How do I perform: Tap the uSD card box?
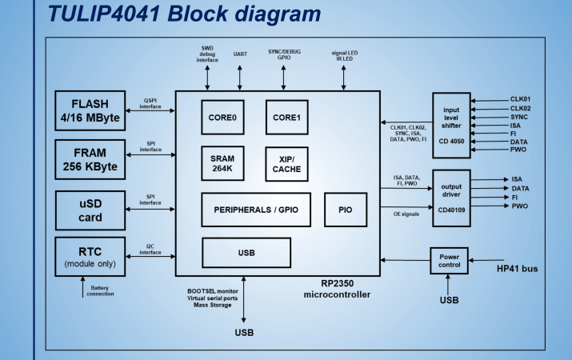92,208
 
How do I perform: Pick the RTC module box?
92,256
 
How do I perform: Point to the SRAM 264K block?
223,164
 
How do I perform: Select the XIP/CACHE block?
287,164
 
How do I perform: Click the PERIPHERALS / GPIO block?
257,210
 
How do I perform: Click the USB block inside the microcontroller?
246,253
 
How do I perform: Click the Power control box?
450,260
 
